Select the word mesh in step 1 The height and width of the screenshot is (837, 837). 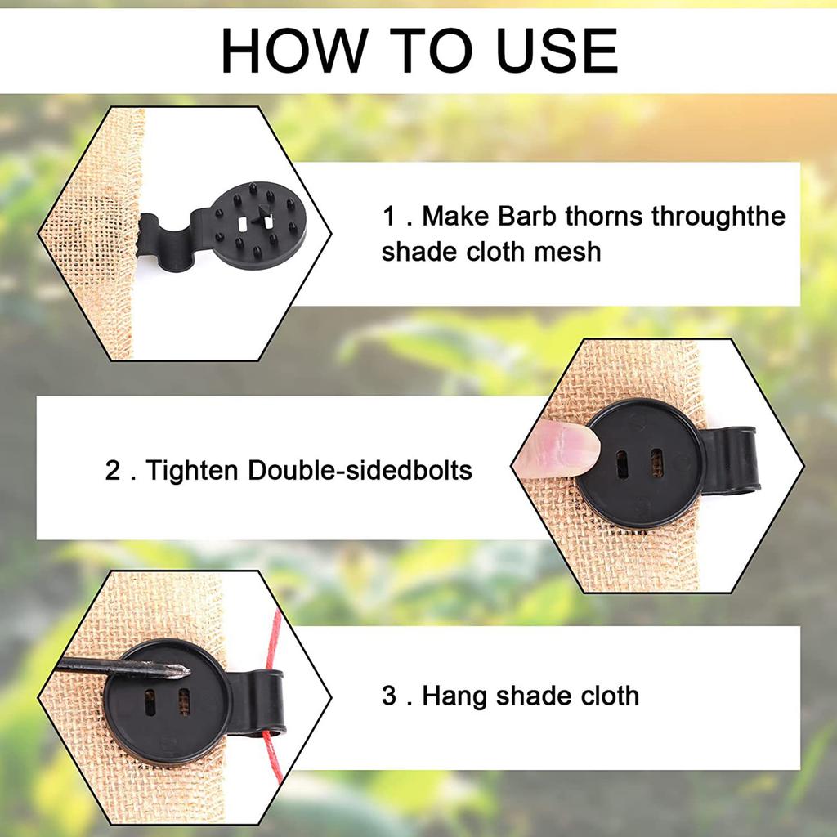click(567, 251)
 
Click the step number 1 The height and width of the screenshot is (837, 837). click(390, 217)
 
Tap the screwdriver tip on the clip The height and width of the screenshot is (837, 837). click(177, 671)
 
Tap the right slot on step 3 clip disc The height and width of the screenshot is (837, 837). click(184, 700)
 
